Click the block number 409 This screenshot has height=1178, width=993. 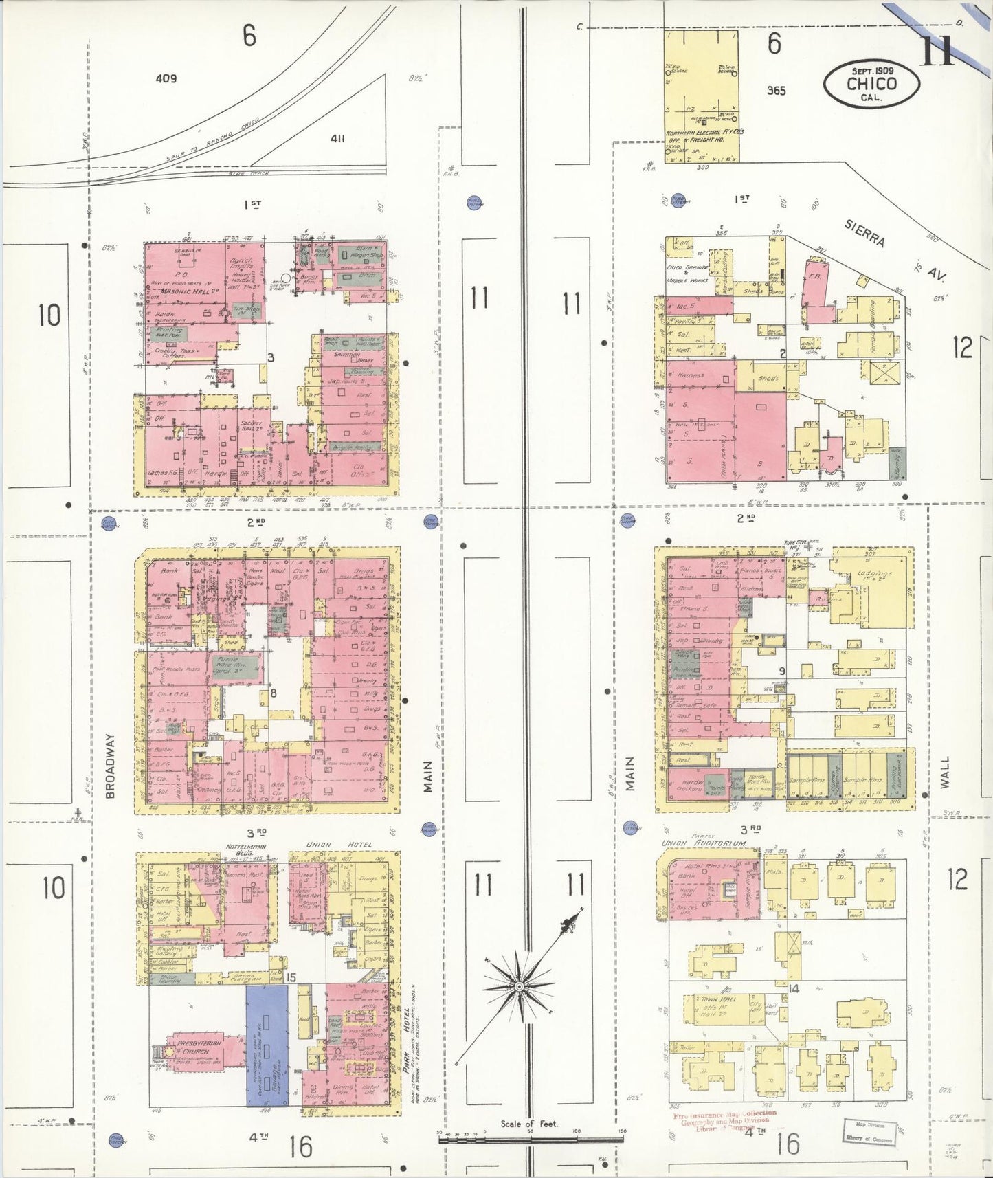[x=166, y=78]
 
